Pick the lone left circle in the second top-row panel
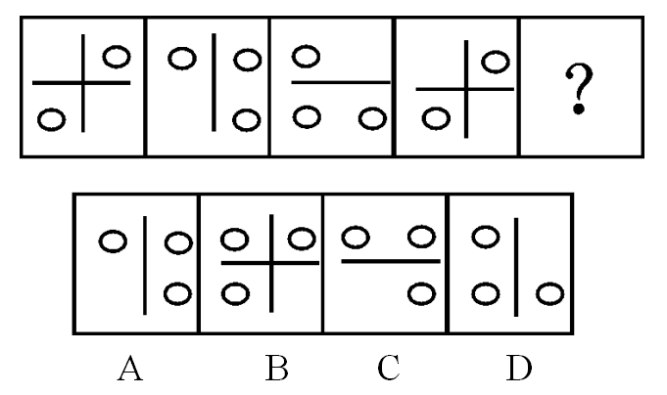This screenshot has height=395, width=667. pos(180,60)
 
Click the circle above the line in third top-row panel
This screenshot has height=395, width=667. pos(307,60)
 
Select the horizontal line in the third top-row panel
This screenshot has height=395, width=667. pos(340,82)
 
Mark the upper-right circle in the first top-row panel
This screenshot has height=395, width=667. pos(117,58)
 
